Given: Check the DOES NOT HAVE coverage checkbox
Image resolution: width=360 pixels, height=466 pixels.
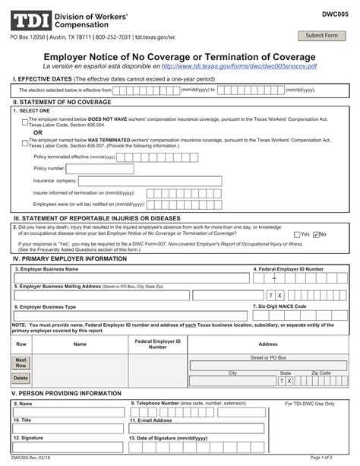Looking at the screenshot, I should [x=25, y=121].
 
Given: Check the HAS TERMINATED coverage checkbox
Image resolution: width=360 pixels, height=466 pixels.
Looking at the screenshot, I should [x=25, y=141].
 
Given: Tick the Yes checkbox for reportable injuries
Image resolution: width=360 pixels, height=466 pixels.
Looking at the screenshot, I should [x=297, y=234].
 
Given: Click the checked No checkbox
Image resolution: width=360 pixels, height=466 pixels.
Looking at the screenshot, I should [x=316, y=234].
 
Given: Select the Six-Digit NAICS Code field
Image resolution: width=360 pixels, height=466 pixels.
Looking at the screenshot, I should [x=301, y=315].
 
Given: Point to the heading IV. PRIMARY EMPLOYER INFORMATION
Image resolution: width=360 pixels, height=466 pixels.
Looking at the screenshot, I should [x=69, y=258].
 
